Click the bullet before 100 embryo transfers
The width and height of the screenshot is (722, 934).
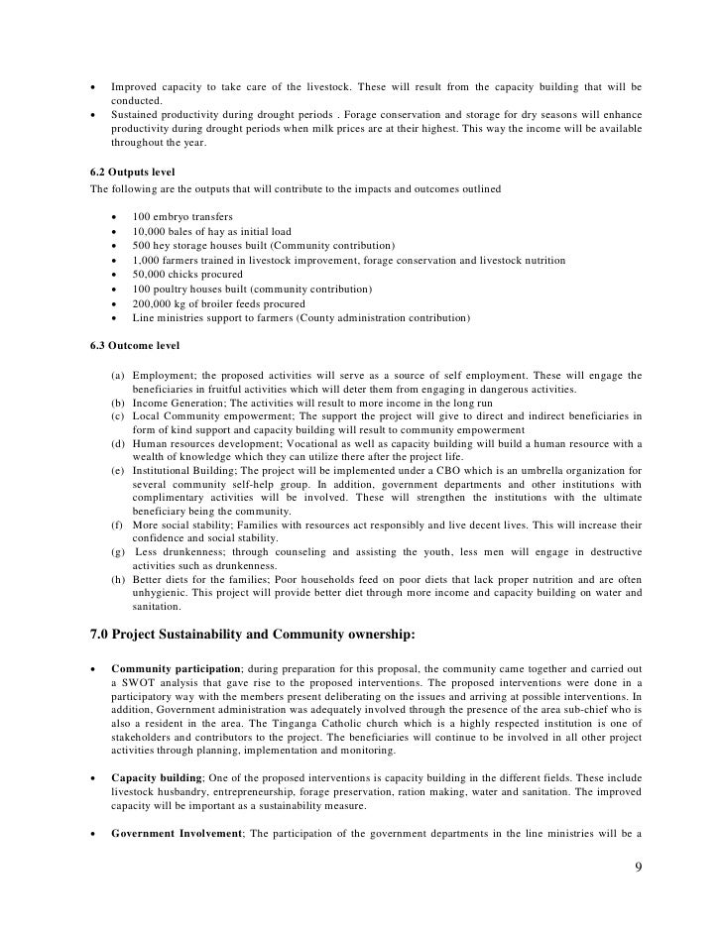click(x=115, y=216)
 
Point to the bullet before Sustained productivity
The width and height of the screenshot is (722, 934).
click(x=93, y=115)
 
